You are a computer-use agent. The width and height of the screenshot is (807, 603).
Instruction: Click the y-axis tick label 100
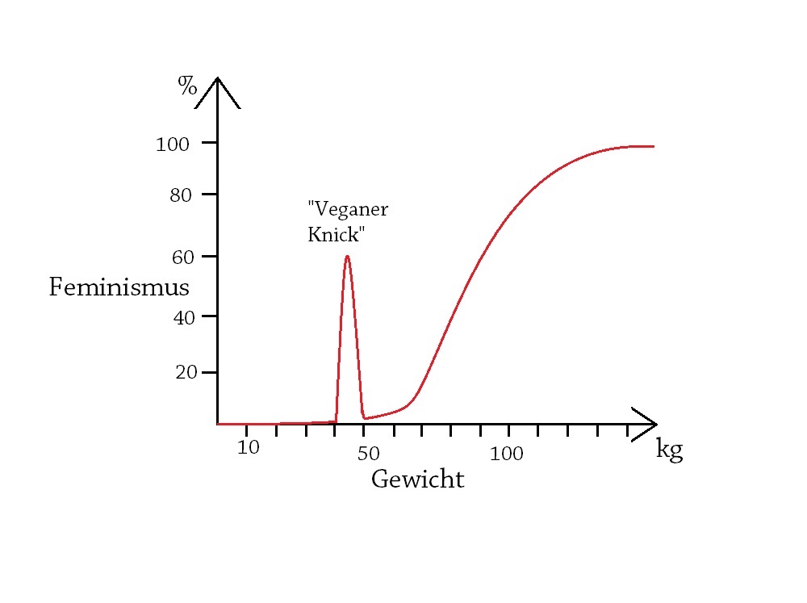click(x=172, y=144)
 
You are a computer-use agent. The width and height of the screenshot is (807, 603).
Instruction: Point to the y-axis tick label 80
click(x=180, y=195)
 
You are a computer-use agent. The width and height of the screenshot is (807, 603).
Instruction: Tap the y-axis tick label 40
click(x=184, y=317)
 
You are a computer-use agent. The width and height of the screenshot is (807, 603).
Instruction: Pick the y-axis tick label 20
click(x=186, y=373)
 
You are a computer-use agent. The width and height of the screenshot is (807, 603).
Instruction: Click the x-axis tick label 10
click(x=249, y=447)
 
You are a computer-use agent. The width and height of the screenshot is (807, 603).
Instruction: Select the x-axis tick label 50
click(x=368, y=454)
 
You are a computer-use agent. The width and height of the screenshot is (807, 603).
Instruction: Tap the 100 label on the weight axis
click(x=506, y=454)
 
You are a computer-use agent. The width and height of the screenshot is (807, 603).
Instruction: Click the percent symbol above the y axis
click(x=187, y=86)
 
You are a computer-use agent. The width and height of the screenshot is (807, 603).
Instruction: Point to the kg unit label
click(x=670, y=449)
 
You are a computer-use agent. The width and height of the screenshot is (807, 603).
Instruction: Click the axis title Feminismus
click(x=119, y=287)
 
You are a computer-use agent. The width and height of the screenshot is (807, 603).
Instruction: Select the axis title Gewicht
click(x=417, y=479)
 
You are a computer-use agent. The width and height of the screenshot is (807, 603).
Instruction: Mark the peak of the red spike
click(x=347, y=256)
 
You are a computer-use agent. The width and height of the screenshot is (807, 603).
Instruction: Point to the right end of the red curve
click(x=653, y=146)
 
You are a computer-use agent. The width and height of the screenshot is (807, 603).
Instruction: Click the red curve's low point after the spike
click(x=365, y=418)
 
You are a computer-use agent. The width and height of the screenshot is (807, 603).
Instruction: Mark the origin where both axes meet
click(x=217, y=424)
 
